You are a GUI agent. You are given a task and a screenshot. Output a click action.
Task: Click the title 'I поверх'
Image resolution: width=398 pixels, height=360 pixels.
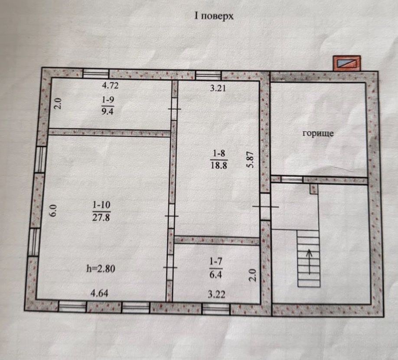click(x=214, y=16)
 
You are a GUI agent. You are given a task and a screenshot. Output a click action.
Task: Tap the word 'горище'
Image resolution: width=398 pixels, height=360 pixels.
click(x=318, y=133)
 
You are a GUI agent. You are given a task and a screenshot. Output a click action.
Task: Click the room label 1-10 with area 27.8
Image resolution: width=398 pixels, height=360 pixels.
click(x=101, y=211)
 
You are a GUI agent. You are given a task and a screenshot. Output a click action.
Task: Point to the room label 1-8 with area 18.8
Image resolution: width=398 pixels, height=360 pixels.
click(x=219, y=160)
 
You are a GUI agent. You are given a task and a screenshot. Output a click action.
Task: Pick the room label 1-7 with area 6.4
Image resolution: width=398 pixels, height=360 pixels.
click(x=216, y=268)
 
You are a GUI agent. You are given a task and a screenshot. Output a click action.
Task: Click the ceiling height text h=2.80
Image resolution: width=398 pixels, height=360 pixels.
click(x=101, y=268)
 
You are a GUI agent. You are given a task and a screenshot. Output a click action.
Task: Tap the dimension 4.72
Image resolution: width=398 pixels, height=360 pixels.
click(x=110, y=85)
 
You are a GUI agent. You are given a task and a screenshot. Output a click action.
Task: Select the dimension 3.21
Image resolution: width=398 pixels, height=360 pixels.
click(x=218, y=88)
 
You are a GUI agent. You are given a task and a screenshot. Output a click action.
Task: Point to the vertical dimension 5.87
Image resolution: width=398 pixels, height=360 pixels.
click(x=250, y=160)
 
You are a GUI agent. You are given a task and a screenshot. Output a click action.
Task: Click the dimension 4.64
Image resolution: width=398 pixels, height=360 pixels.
click(x=99, y=293)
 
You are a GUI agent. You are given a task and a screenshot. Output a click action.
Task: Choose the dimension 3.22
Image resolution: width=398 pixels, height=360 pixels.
click(x=216, y=294)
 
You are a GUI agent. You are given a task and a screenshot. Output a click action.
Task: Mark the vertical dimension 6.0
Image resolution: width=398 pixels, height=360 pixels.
click(x=54, y=210)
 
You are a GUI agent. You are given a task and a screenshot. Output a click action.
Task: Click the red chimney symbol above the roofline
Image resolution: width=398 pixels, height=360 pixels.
click(x=347, y=63)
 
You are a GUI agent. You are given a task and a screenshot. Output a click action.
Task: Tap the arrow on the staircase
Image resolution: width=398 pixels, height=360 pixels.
click(x=310, y=262)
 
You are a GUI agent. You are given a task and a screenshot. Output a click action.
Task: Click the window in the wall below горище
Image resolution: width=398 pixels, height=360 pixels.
click(x=292, y=179)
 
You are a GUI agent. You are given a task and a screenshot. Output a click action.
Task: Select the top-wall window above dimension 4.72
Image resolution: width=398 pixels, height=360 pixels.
click(x=96, y=73)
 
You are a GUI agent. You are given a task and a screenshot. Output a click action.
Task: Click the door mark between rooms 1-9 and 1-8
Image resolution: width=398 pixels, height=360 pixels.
click(x=175, y=109)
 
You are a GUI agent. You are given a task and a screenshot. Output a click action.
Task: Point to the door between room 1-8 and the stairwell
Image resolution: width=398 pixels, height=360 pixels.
click(x=265, y=206)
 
